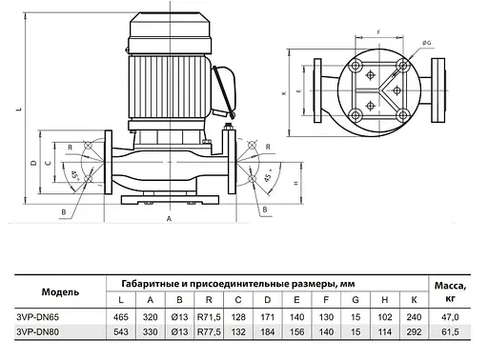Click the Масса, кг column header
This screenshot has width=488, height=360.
point(449,290)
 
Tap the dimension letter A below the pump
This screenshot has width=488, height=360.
point(169,218)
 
